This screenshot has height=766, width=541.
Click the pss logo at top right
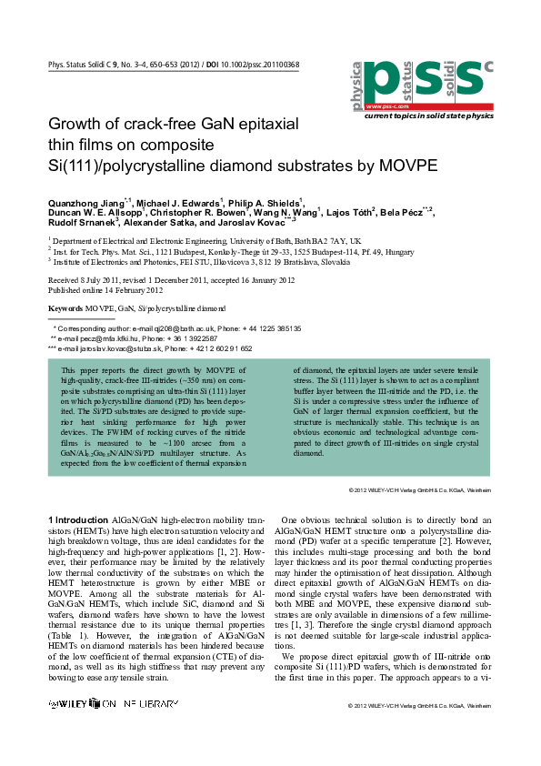tap(421, 85)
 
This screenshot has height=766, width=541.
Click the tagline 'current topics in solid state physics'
tap(428, 116)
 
